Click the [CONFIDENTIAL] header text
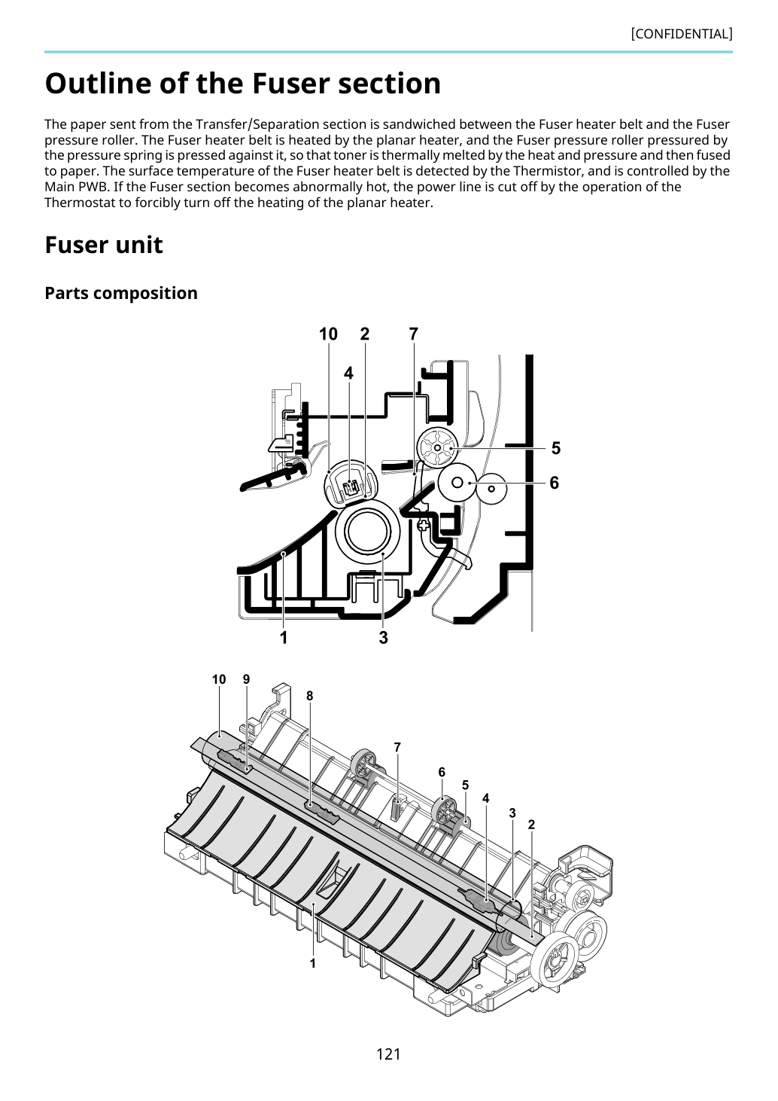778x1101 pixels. click(681, 34)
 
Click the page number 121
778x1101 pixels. click(388, 1054)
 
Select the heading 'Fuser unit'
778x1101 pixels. click(104, 245)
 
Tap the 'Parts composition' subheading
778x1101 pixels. click(121, 293)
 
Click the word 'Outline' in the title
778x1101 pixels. click(99, 83)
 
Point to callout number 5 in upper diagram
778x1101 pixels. click(555, 448)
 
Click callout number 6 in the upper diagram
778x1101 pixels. click(555, 483)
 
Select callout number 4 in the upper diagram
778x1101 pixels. click(348, 374)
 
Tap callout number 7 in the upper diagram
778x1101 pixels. click(414, 334)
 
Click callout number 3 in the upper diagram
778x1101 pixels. click(384, 638)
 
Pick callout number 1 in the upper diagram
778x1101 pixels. click(284, 638)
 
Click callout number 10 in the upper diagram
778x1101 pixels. click(328, 334)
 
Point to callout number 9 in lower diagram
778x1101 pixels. click(247, 679)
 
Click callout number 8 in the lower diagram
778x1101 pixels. click(309, 696)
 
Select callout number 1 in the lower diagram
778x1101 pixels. click(312, 963)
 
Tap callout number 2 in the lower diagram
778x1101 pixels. click(531, 825)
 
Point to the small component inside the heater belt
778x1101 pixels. click(350, 488)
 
